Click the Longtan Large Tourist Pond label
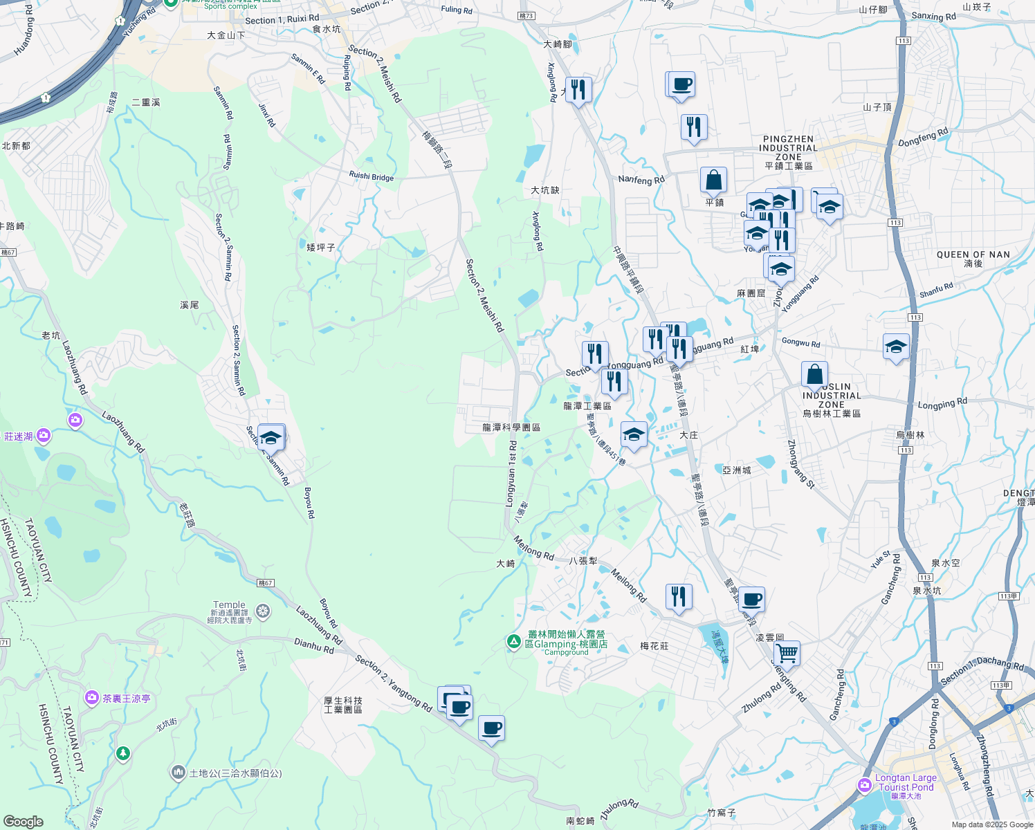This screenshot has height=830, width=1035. coord(906,782)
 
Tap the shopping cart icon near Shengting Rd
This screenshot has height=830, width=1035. coord(787,652)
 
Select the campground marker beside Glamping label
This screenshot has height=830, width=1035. coord(513,642)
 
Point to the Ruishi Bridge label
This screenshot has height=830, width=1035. coord(372,176)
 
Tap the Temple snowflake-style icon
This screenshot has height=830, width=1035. coord(262,611)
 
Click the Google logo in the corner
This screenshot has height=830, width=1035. coord(23,822)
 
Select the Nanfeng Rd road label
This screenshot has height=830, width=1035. coord(641,180)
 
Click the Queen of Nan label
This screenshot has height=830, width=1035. coord(973,255)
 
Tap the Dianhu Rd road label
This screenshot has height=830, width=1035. coord(314,645)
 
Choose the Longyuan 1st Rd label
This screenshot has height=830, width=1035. coord(511,474)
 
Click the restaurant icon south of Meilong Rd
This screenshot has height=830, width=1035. coord(679,596)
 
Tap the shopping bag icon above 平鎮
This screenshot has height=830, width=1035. coord(713,181)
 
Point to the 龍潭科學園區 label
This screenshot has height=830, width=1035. coord(511,427)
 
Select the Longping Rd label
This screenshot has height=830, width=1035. coord(942,404)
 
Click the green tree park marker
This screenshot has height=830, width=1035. coord(123,753)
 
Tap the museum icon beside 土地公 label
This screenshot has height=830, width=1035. coord(178,771)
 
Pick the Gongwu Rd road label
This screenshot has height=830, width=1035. coord(800,342)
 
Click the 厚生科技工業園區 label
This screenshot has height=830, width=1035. coord(343,705)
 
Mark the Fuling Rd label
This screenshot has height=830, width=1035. coord(457,10)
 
